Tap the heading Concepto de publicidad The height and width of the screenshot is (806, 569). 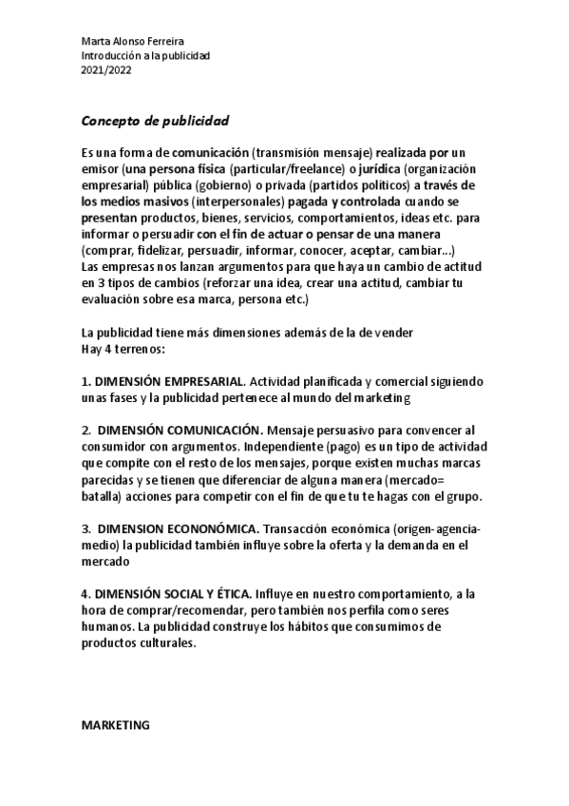tap(155, 122)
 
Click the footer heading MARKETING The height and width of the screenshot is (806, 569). tap(116, 725)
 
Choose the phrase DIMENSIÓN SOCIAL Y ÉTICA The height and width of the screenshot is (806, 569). tap(169, 592)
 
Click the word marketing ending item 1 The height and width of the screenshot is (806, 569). tap(377, 396)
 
